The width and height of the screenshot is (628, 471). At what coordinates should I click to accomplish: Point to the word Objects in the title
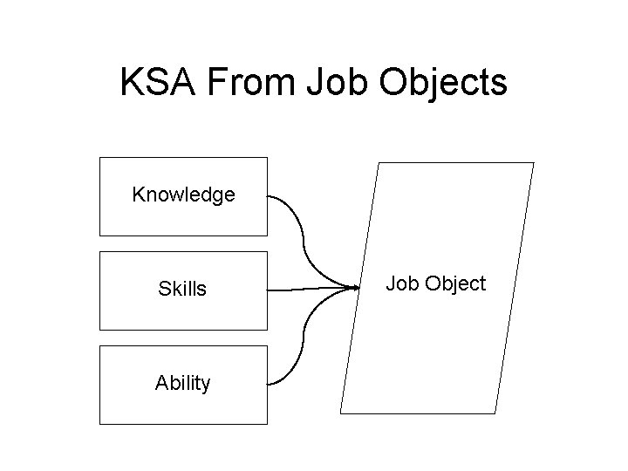coord(443,83)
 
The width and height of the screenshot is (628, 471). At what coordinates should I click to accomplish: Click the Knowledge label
coord(183,195)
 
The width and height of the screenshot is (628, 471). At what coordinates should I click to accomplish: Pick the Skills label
coord(183,290)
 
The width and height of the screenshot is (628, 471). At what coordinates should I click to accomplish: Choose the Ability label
coord(183,383)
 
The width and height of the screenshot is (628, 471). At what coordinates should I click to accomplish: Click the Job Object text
coord(435,283)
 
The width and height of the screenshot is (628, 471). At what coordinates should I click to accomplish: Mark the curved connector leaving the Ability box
coord(302,345)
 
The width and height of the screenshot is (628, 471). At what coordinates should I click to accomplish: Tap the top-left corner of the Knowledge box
coord(100,158)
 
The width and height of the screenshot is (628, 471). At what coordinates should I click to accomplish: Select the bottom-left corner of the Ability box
coord(100,424)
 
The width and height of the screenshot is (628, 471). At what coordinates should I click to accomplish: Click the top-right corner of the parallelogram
coord(533,163)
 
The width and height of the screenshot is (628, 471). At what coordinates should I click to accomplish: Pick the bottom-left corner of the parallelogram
coord(340,413)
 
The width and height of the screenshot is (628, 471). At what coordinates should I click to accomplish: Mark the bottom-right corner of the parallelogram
coord(495,413)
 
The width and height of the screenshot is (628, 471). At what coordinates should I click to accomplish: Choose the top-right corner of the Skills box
coord(267,252)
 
